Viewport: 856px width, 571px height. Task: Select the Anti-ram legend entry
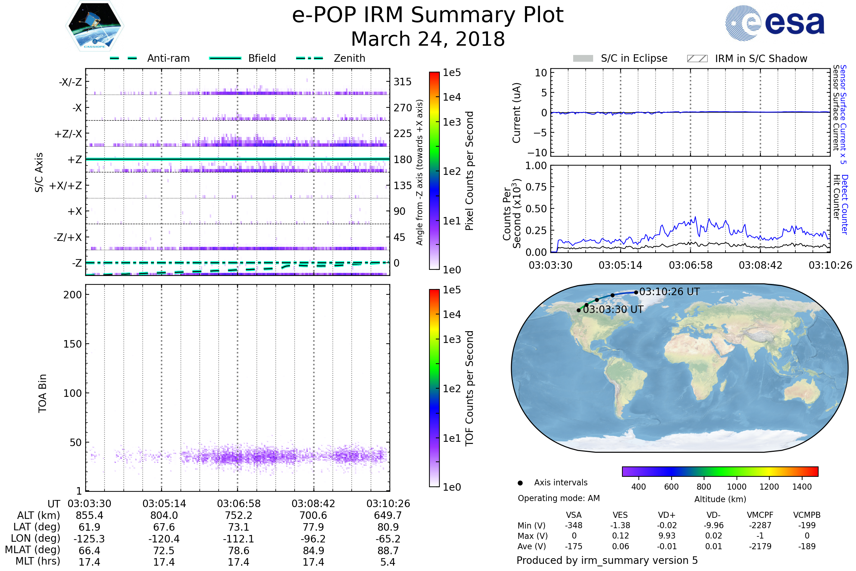coord(168,58)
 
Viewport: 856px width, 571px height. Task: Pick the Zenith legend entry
coord(349,58)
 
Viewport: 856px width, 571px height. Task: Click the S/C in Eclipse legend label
coord(634,58)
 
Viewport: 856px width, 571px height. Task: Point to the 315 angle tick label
coord(402,82)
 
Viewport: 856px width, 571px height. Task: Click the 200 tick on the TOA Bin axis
coord(72,295)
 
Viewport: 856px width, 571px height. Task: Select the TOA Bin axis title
coord(42,393)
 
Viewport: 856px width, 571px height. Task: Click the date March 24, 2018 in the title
coord(428,39)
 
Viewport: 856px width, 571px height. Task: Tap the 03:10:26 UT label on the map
coord(669,292)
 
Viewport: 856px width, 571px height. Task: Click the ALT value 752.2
coord(238,515)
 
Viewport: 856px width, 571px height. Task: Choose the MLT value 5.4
coord(388,562)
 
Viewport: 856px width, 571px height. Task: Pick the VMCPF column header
coord(760,515)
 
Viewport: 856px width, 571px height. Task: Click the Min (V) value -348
coord(574,525)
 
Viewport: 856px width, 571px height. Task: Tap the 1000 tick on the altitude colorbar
coord(736,487)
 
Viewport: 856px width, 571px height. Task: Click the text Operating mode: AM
coord(559,498)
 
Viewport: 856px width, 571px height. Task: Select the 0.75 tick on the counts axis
coord(536,187)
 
